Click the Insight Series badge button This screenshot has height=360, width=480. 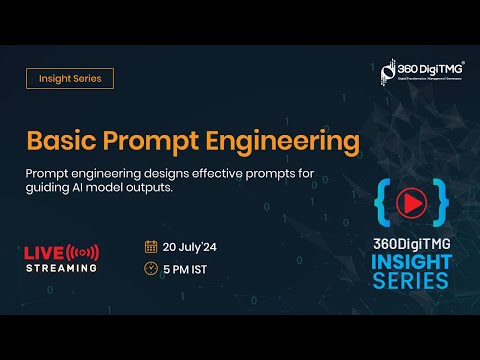pos(69,78)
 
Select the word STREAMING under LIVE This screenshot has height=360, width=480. pos(61,268)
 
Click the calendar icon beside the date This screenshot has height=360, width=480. pos(151,246)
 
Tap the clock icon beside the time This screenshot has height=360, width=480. pos(151,269)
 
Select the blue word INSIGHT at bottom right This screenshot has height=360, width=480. pos(410,263)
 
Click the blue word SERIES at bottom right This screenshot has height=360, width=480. pos(410,282)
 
